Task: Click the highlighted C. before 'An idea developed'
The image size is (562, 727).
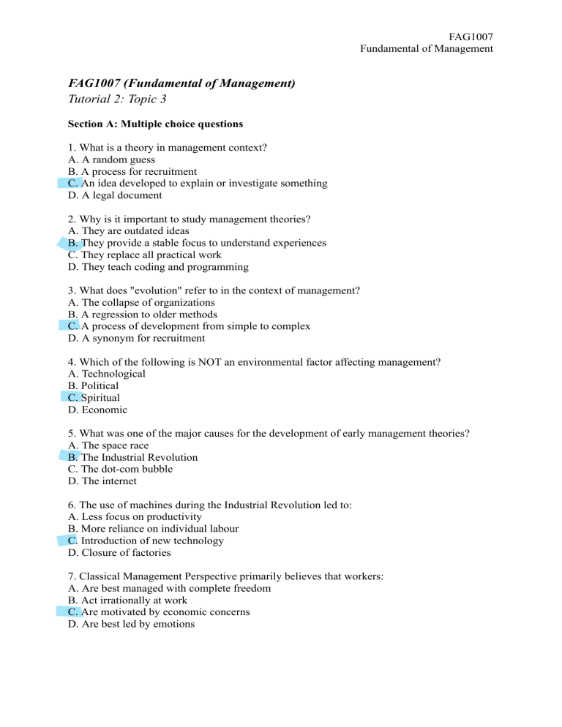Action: [72, 183]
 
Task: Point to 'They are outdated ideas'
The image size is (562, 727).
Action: [135, 230]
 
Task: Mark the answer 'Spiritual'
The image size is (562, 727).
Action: [100, 398]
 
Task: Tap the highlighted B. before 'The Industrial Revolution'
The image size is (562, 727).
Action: [72, 457]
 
